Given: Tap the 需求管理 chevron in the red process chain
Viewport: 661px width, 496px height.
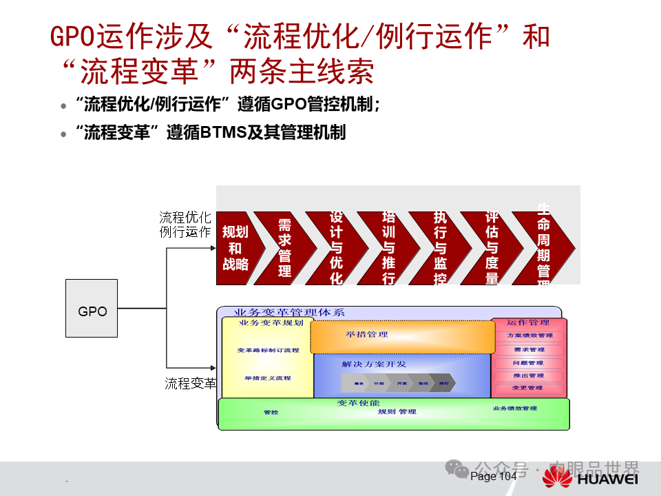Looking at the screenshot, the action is [x=284, y=248].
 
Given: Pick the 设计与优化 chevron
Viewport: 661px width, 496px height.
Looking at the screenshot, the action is [x=335, y=248].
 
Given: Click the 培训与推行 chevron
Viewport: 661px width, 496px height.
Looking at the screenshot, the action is [x=388, y=248].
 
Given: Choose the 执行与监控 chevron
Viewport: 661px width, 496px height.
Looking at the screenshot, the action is [x=439, y=248].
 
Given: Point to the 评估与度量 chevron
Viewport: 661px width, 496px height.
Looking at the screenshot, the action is [x=491, y=248].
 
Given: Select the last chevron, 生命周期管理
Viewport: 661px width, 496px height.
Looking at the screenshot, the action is [x=544, y=248].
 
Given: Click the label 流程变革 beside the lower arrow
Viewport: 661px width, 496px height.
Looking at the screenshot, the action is [x=190, y=384].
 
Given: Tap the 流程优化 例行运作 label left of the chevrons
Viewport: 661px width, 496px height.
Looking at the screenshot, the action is [x=185, y=225].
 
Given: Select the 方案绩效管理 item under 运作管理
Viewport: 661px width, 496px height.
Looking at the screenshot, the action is [x=529, y=335].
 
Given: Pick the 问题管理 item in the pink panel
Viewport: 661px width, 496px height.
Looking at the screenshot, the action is [x=529, y=362].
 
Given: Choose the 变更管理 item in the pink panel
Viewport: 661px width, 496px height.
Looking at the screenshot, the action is [x=529, y=388].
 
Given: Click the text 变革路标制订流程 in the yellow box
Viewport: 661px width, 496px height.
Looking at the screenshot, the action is [x=268, y=350].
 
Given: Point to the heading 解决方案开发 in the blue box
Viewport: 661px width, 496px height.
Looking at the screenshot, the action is [x=374, y=364].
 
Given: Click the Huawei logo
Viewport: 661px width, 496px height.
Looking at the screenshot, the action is [x=557, y=477].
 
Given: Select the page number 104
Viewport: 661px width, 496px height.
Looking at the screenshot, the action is [x=507, y=477].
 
